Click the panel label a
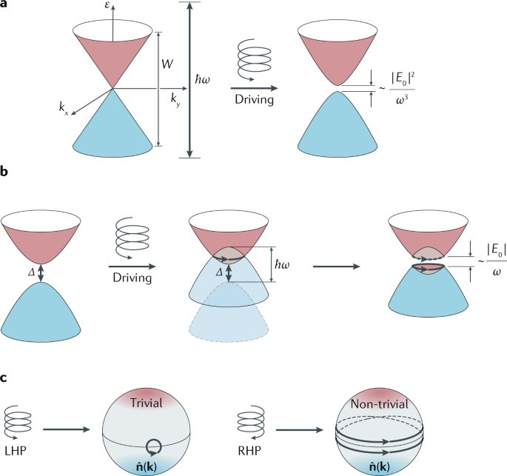[x=5, y=6]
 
